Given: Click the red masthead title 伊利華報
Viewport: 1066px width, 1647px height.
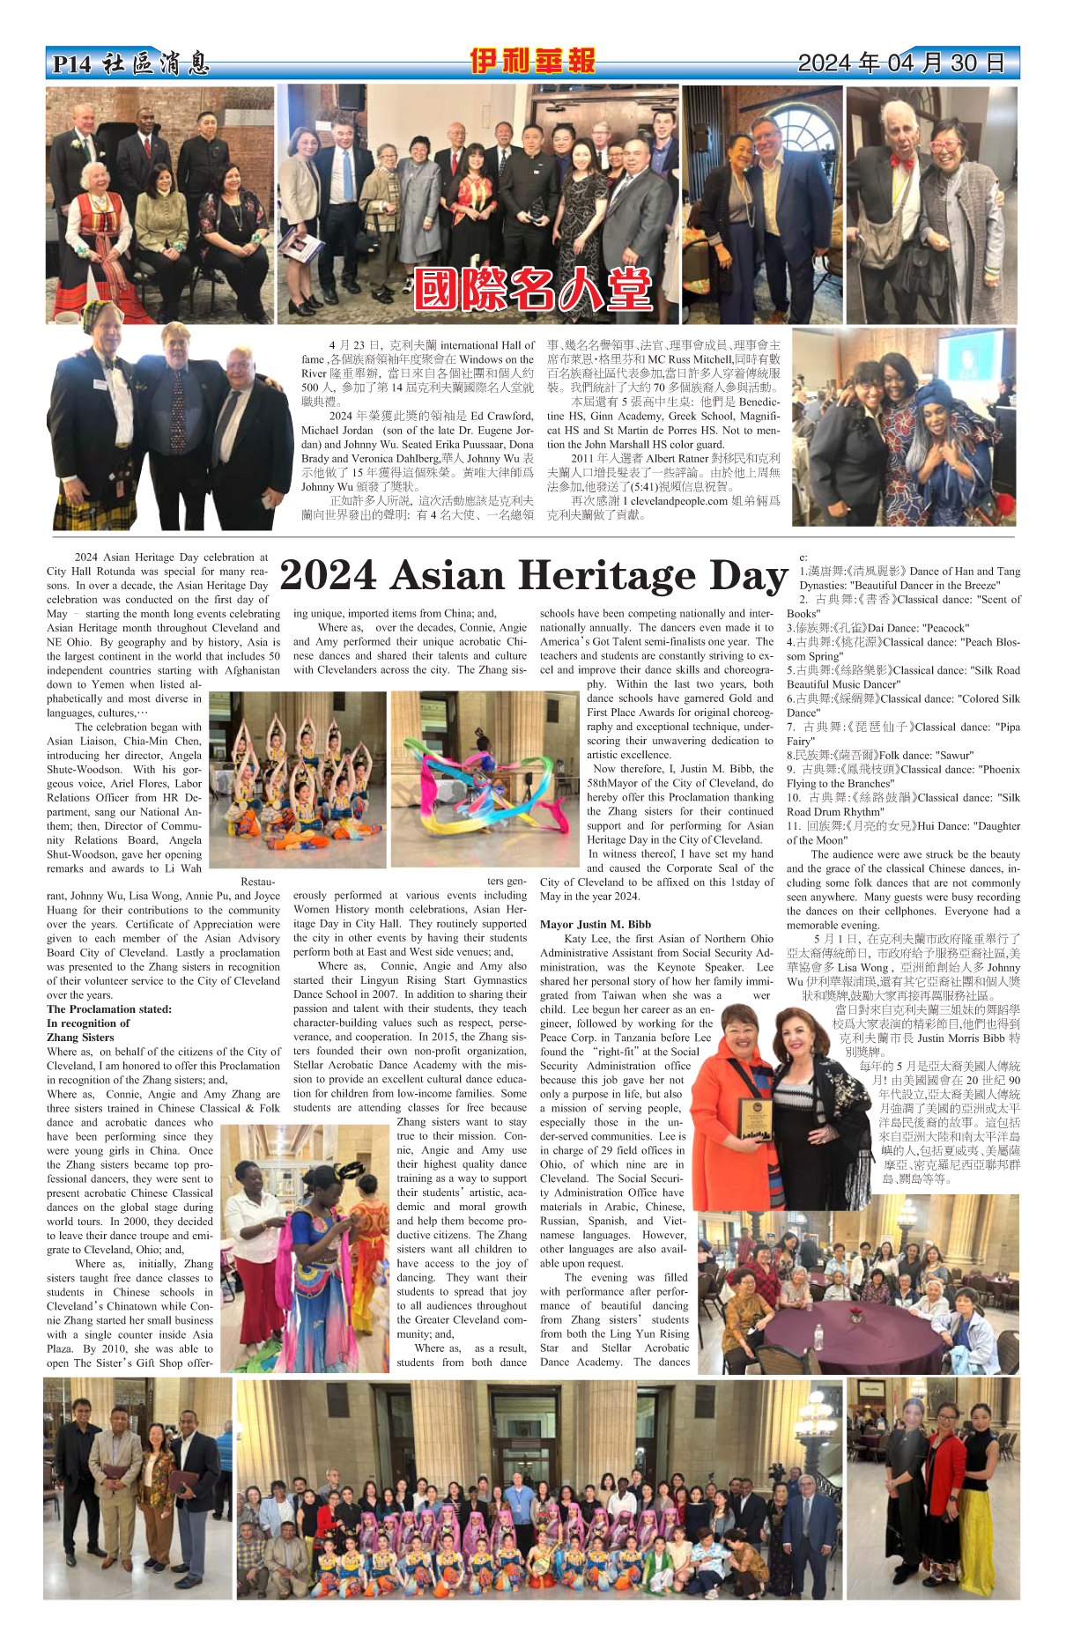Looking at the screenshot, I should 532,62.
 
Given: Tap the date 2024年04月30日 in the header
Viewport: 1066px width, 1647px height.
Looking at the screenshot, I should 900,63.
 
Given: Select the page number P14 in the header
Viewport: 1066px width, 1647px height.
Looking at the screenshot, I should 71,64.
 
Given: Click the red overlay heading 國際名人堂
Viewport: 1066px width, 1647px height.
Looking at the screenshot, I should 532,289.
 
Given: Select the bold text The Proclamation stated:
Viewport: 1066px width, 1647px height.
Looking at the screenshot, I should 109,1009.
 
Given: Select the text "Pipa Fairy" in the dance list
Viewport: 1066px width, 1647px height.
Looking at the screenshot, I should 1001,727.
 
